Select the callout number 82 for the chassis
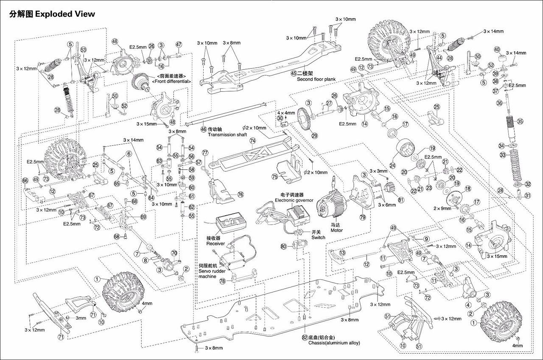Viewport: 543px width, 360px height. [305, 337]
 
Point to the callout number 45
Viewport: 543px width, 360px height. [294, 73]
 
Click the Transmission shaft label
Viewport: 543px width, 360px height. [227, 135]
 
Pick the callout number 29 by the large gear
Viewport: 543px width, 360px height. [314, 136]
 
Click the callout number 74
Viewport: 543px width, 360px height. [253, 141]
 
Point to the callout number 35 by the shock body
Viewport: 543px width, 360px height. [520, 121]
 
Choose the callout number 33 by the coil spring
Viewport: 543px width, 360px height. [503, 155]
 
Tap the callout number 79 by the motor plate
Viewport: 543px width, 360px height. [362, 217]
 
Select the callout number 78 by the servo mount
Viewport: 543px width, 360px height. [223, 281]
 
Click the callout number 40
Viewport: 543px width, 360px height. [497, 49]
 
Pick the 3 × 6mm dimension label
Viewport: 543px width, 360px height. [388, 205]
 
